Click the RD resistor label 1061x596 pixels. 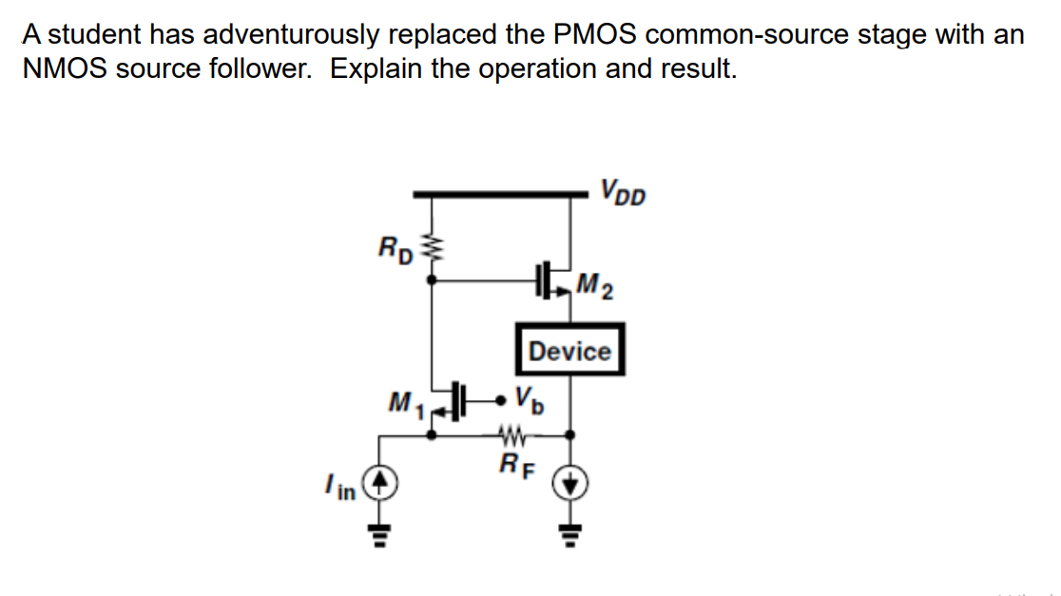[x=395, y=252]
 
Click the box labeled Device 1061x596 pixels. [x=569, y=351]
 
